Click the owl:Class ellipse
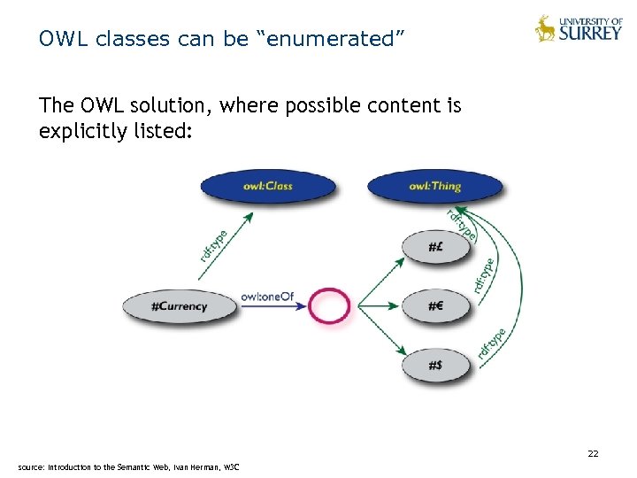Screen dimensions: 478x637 (268, 186)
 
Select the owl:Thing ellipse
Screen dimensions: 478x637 (434, 186)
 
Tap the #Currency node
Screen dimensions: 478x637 (180, 306)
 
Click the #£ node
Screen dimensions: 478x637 (435, 247)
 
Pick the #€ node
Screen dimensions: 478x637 (435, 306)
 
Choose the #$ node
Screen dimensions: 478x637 (435, 365)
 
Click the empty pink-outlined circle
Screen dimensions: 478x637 (330, 306)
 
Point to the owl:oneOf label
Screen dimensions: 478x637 (267, 297)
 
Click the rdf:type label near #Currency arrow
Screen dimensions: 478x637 (214, 244)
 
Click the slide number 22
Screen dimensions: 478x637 (594, 454)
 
